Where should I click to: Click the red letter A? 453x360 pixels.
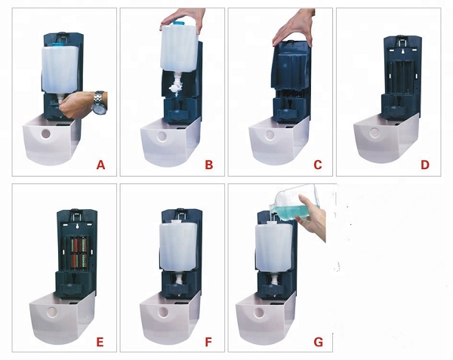[x=100, y=165]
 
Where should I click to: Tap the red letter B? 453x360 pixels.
[x=209, y=165]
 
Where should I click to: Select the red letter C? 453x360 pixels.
[x=318, y=165]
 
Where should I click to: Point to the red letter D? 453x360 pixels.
[x=425, y=165]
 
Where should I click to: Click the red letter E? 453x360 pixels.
[x=100, y=342]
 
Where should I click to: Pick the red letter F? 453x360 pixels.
[x=208, y=342]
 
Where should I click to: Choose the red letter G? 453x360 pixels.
[x=318, y=342]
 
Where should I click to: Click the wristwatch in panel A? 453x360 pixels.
[x=99, y=103]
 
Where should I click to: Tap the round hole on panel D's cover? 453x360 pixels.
[x=374, y=133]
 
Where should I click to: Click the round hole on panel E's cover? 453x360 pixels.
[x=53, y=311]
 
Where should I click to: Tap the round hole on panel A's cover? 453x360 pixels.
[x=45, y=133]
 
